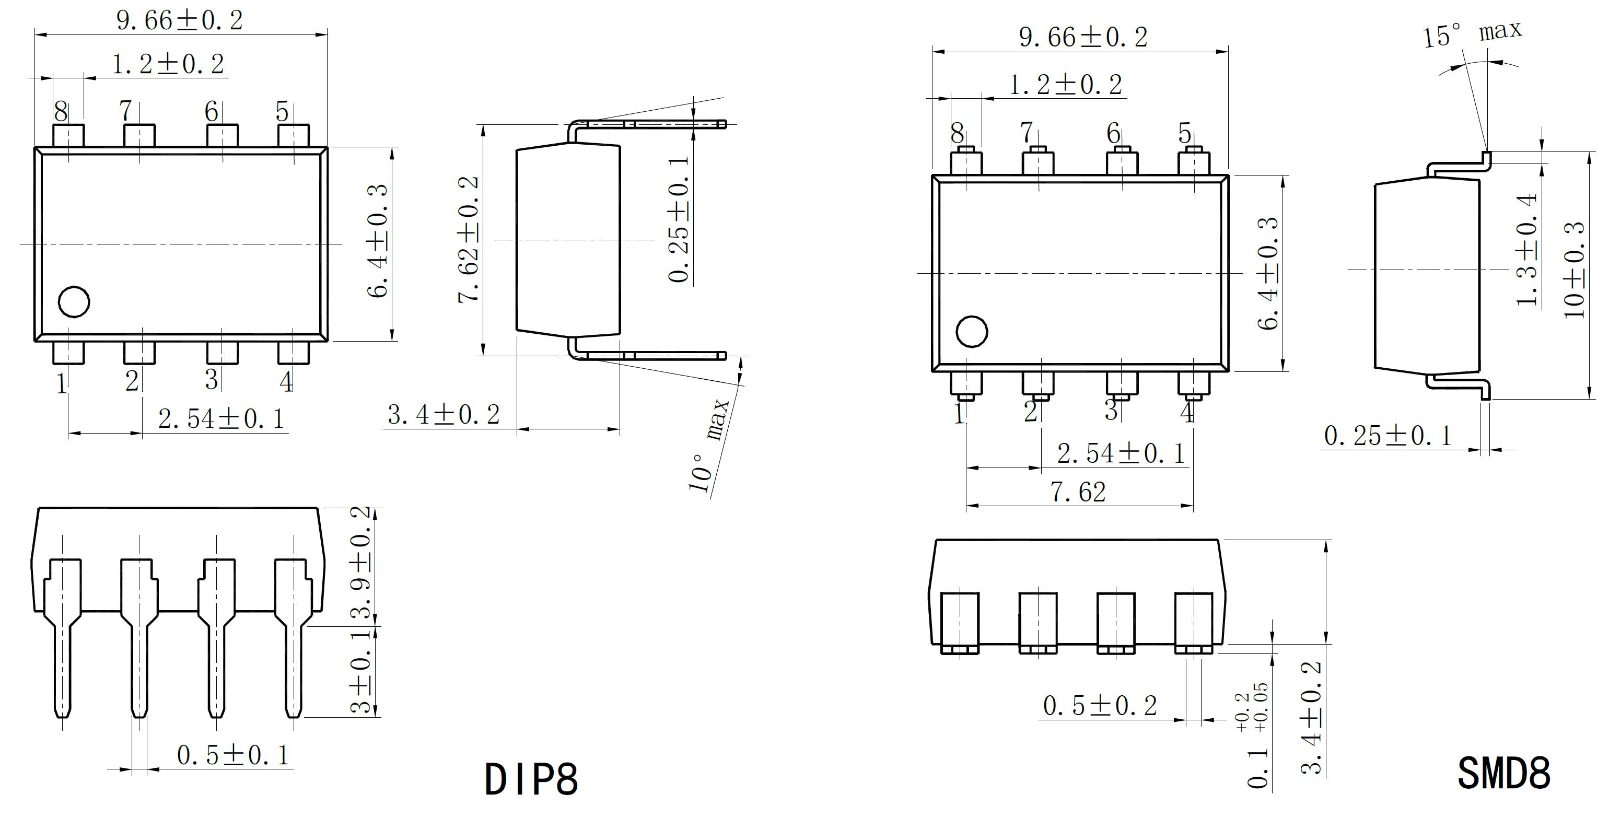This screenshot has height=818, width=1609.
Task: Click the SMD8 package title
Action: [1503, 773]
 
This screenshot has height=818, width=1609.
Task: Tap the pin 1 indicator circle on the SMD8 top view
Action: [972, 331]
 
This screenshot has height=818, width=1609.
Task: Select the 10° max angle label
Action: [709, 445]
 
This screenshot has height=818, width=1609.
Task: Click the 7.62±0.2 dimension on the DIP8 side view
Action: [469, 240]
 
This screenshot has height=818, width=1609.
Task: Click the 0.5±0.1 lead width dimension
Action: [233, 755]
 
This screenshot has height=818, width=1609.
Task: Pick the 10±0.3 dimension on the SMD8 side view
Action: [1574, 270]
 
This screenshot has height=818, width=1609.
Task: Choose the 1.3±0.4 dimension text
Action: [1526, 250]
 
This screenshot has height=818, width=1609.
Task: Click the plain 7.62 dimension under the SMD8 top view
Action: [1078, 493]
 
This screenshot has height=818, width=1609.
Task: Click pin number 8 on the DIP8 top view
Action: [61, 112]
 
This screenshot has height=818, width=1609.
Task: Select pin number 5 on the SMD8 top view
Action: [1185, 133]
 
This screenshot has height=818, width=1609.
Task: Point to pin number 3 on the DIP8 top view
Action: [212, 380]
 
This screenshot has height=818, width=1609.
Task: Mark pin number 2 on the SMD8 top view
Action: [1031, 411]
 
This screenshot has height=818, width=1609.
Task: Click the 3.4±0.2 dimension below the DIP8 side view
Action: [444, 415]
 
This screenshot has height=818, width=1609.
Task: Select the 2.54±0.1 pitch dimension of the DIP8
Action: [221, 419]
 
